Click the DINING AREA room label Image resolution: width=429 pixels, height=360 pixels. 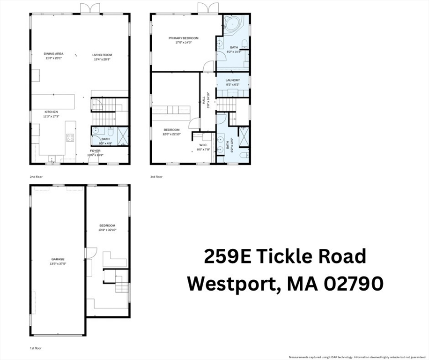[x=54, y=54]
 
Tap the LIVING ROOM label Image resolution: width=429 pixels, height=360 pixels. [x=102, y=55]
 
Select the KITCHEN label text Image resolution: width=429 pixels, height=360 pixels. [x=51, y=112]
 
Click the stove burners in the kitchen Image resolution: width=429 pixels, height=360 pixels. [x=70, y=137]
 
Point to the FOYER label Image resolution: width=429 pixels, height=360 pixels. [x=95, y=151]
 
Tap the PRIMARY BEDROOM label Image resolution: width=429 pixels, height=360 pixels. [x=184, y=38]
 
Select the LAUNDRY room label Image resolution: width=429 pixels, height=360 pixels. [x=233, y=80]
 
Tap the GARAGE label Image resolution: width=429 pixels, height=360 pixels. [x=58, y=259]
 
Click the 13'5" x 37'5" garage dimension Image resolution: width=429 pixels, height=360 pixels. [x=58, y=263]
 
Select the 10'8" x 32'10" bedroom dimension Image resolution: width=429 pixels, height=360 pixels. [x=107, y=230]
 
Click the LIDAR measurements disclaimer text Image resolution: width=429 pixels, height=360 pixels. [x=357, y=357]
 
